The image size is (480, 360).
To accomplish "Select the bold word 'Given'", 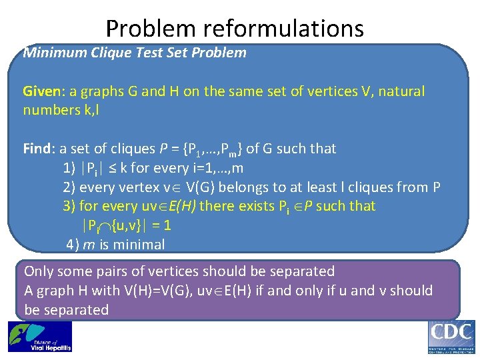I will coord(41,91).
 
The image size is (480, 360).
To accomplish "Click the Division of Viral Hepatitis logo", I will coord(40,337).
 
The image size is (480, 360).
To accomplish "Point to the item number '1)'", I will coord(70,167).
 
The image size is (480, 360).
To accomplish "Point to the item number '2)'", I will coord(70,187).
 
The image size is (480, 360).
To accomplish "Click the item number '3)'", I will coord(70,206).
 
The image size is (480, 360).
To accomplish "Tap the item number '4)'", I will coord(73,245).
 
